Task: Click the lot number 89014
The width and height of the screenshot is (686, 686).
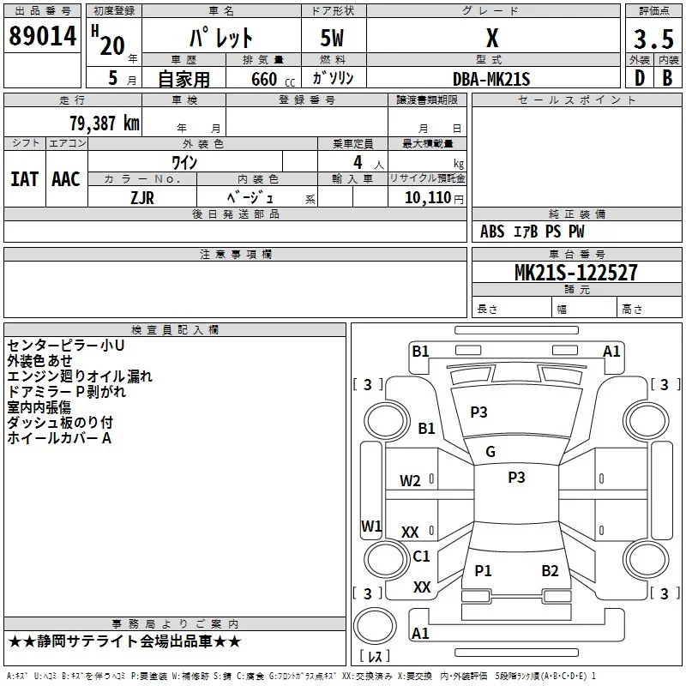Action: (x=42, y=36)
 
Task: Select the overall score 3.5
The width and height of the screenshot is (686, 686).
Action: (x=653, y=39)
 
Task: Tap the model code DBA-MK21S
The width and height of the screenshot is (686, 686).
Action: (x=491, y=79)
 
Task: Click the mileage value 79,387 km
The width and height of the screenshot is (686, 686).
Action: (x=105, y=123)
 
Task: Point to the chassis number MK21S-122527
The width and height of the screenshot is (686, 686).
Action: (x=575, y=273)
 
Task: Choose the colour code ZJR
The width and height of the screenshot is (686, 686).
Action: (x=142, y=198)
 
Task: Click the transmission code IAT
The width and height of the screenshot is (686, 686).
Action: (x=24, y=179)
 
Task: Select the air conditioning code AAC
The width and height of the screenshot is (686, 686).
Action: (x=66, y=179)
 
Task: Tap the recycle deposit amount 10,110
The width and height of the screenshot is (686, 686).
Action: (x=428, y=197)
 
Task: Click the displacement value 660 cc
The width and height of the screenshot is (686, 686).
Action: (x=273, y=79)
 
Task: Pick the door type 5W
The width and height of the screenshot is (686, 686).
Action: (x=332, y=38)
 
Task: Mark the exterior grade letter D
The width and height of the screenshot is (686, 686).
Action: (x=640, y=78)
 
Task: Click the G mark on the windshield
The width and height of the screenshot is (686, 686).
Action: (x=490, y=452)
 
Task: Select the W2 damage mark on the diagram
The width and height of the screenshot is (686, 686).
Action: (x=410, y=481)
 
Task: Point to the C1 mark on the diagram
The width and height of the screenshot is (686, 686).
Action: (x=421, y=556)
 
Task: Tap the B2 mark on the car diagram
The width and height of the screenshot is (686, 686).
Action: (x=550, y=570)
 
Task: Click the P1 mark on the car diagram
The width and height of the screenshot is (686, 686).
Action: (x=483, y=570)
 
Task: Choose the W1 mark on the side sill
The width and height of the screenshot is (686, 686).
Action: (x=371, y=526)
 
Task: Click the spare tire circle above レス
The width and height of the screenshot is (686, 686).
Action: (x=375, y=625)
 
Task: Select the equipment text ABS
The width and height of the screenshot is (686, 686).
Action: (x=492, y=232)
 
